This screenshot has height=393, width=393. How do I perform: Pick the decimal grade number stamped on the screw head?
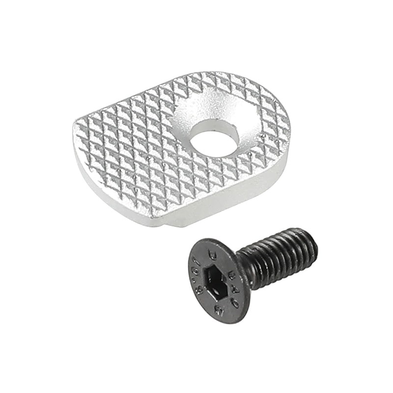coord(198,275)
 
